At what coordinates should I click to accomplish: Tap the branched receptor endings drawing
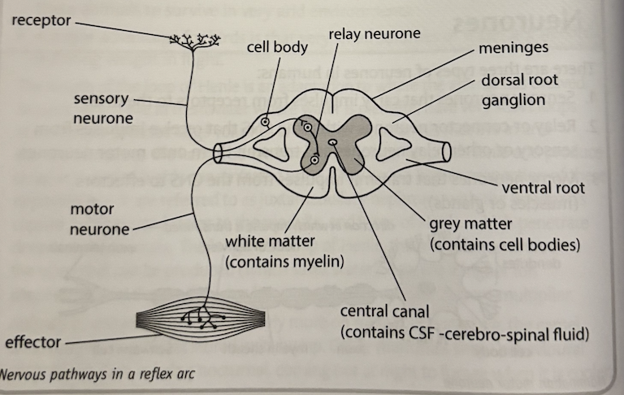pyautogui.click(x=195, y=40)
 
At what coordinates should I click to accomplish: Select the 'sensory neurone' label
pyautogui.click(x=101, y=109)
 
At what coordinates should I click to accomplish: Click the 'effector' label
pyautogui.click(x=33, y=342)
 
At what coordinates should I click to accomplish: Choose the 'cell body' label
pyautogui.click(x=277, y=47)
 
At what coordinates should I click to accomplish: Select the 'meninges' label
pyautogui.click(x=513, y=47)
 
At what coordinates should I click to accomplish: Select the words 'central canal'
pyautogui.click(x=385, y=311)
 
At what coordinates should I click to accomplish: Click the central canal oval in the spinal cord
pyautogui.click(x=332, y=145)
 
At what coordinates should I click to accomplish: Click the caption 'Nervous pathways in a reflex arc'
pyautogui.click(x=97, y=376)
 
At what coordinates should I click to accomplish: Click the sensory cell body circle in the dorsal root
pyautogui.click(x=266, y=123)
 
